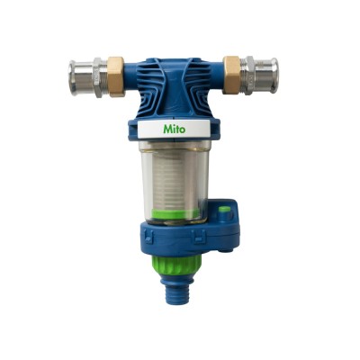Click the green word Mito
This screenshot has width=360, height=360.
coord(175,129)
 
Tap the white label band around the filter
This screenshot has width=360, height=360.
coord(174,129)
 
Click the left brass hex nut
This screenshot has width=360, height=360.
coord(116,76)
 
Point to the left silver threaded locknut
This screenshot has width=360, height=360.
coord(101,77)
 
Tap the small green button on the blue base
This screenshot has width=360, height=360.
coord(224,210)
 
